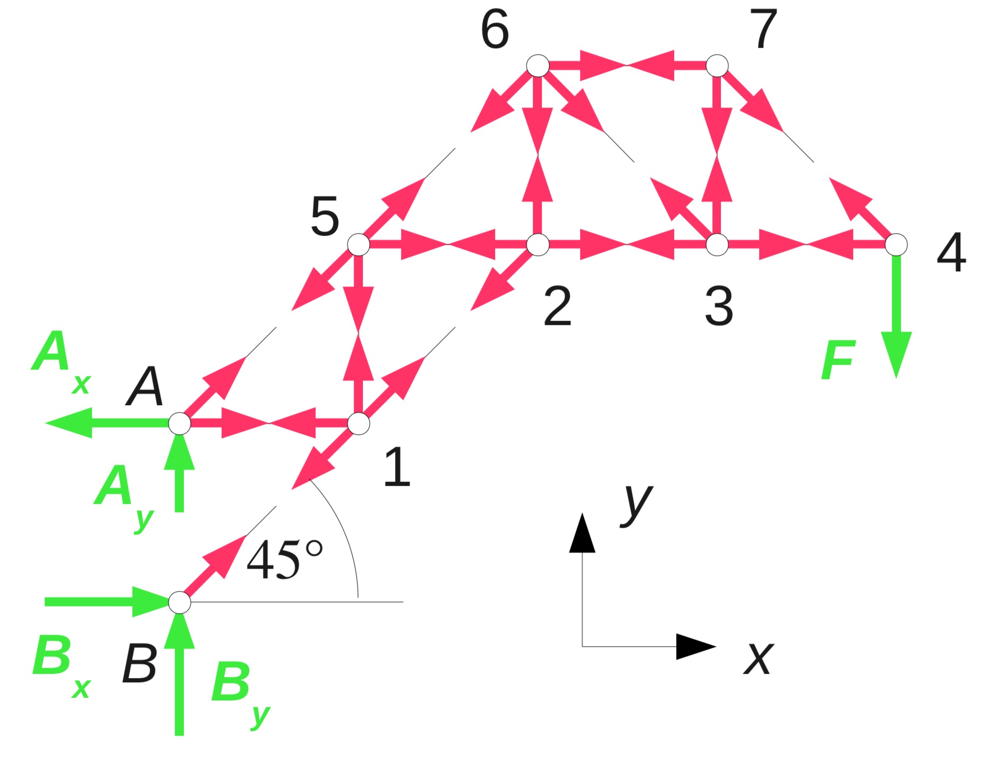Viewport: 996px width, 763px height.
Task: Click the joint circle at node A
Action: click(180, 424)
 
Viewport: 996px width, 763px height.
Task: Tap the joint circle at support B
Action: click(180, 603)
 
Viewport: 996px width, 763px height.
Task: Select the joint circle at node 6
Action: click(538, 66)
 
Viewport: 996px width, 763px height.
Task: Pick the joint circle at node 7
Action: click(717, 66)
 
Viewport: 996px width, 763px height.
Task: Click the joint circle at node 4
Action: click(896, 245)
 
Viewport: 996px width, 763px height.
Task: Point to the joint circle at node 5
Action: click(359, 245)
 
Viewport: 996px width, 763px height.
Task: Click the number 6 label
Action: click(495, 30)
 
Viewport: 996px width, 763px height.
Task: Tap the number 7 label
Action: click(764, 30)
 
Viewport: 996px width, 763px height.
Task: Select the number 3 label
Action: click(719, 306)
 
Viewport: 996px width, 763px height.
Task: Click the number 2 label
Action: click(557, 306)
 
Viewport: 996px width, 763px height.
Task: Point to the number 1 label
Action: click(397, 467)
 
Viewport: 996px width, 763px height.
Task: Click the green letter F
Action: click(838, 361)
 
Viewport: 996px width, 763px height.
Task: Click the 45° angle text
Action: click(284, 560)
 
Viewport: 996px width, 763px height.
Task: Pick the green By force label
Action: click(240, 690)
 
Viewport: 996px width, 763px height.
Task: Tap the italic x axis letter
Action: click(759, 658)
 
